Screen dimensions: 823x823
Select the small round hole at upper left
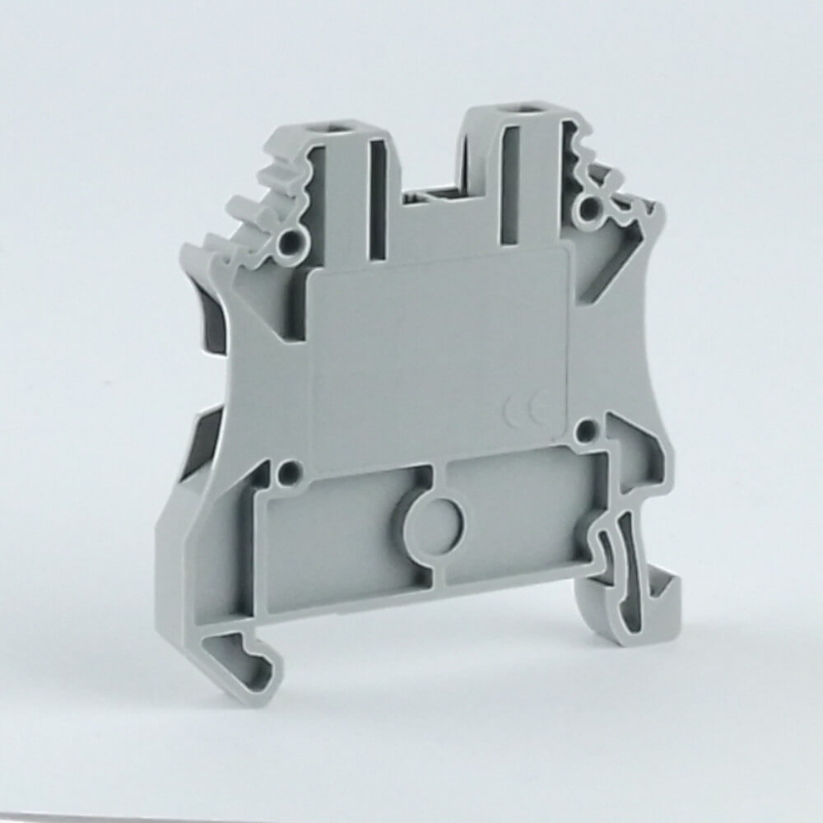[x=289, y=241]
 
